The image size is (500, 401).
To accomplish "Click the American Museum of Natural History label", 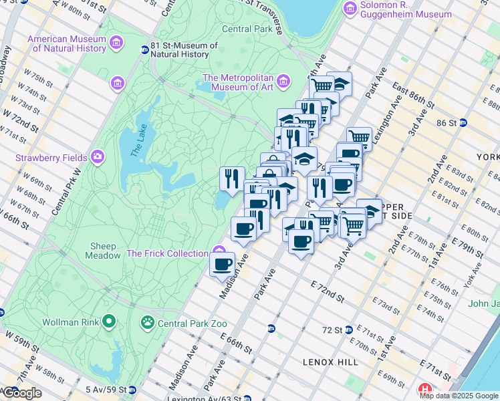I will [66, 43].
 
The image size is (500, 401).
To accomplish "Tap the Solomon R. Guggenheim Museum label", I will [406, 9].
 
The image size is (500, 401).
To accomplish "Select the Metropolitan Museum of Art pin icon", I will [284, 82].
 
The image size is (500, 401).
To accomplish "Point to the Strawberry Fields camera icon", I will [98, 156].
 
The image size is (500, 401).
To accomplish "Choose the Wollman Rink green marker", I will [108, 323].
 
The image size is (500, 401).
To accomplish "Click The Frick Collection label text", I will [167, 253].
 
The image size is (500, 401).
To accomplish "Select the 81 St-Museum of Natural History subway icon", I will [144, 49].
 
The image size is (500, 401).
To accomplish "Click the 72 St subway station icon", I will [350, 330].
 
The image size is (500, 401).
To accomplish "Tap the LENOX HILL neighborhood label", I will [330, 362].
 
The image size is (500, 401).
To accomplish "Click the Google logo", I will [21, 393].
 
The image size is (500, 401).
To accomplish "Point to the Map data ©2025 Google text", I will [459, 396].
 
